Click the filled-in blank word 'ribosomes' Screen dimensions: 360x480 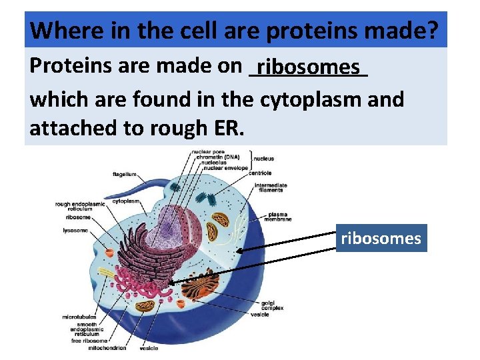pos(309,67)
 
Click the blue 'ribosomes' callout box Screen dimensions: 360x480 pos(381,238)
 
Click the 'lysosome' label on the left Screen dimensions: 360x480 pos(75,231)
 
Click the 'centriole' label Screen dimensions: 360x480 pos(260,173)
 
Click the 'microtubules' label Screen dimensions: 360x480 pos(79,317)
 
